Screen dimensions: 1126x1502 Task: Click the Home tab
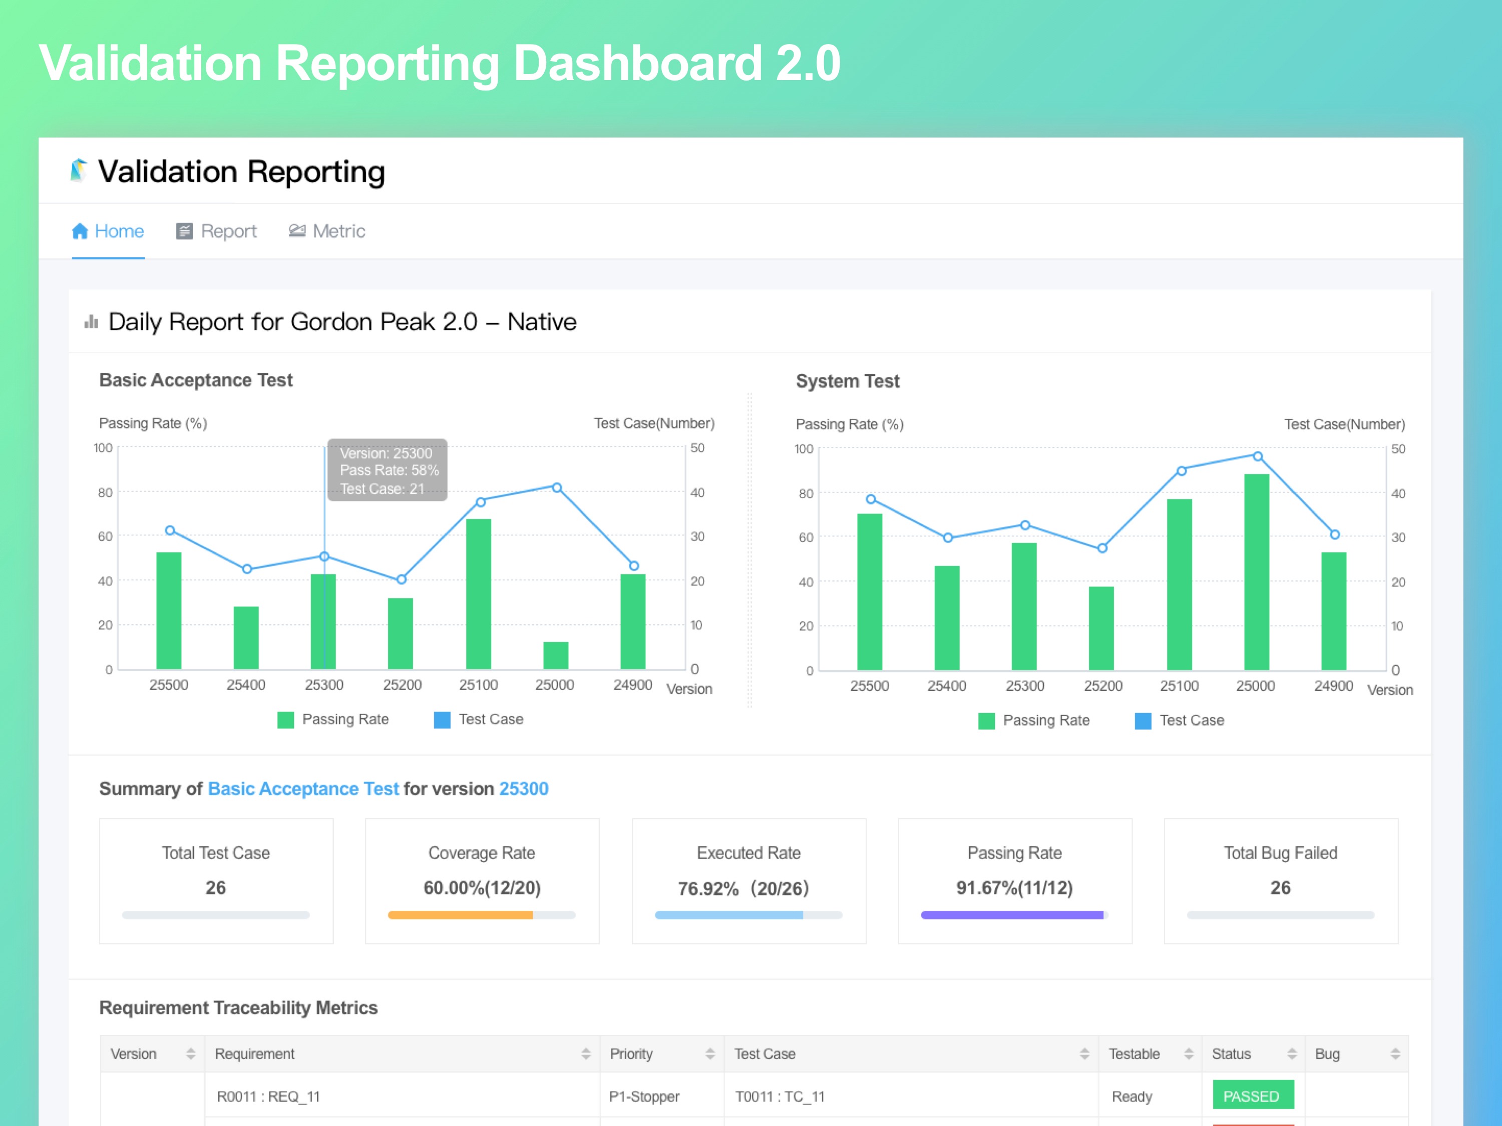click(x=108, y=231)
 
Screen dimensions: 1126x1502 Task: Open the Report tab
click(x=217, y=231)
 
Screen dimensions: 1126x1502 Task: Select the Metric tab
click(x=327, y=231)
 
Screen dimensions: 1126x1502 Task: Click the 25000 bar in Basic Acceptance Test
click(x=555, y=655)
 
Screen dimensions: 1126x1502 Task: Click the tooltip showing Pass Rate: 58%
click(x=387, y=470)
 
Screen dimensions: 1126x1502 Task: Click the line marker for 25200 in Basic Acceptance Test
click(x=402, y=579)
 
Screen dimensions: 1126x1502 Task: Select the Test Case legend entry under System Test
click(x=1180, y=720)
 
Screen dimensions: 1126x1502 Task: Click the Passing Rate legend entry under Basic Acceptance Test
click(x=333, y=720)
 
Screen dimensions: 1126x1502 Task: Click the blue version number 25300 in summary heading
click(x=524, y=789)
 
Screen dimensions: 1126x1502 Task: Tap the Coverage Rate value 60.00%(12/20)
click(x=482, y=888)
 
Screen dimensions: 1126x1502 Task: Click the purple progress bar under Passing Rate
click(x=1012, y=915)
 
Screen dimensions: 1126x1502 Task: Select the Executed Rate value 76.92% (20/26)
click(x=743, y=888)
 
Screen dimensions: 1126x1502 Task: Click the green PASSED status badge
click(x=1253, y=1095)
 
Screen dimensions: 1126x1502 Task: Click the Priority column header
click(x=631, y=1053)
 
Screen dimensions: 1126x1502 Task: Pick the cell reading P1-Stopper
click(x=644, y=1096)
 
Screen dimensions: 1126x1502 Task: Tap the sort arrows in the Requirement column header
click(x=586, y=1053)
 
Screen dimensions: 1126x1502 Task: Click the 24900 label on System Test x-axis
click(x=1333, y=686)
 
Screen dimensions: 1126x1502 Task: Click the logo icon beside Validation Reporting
click(x=79, y=170)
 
